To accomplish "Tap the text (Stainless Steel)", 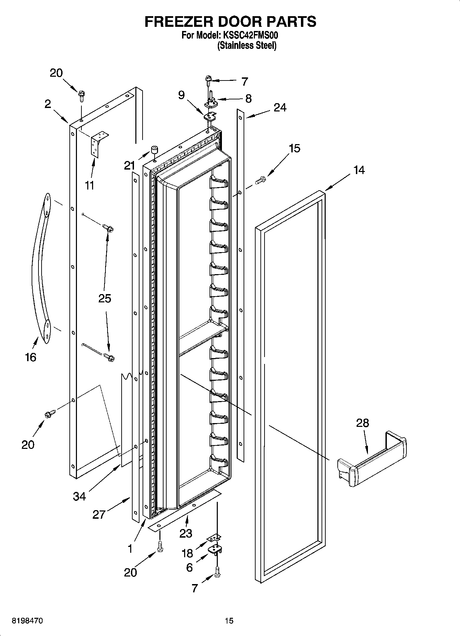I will coord(247,45).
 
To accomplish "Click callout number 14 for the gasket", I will coord(359,170).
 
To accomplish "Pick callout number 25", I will coord(105,298).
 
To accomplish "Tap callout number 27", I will coord(99,515).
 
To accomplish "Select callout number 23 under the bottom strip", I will coord(186,533).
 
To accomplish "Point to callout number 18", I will coord(187,553).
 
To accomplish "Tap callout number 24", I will coord(280,108).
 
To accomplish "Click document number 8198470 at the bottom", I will coord(27,621).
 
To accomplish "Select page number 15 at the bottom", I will coord(229,621).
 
